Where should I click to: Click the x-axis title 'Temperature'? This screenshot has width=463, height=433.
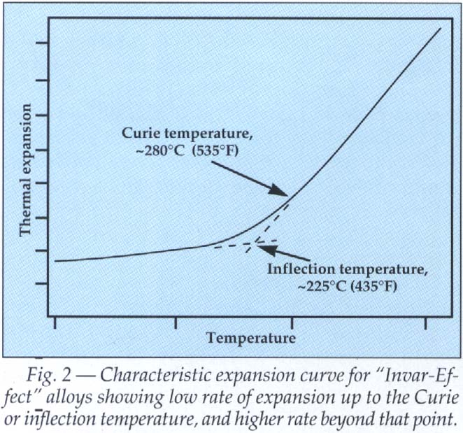(x=251, y=338)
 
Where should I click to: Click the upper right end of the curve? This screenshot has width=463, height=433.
(x=441, y=29)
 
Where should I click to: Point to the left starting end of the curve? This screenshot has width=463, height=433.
(x=55, y=261)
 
